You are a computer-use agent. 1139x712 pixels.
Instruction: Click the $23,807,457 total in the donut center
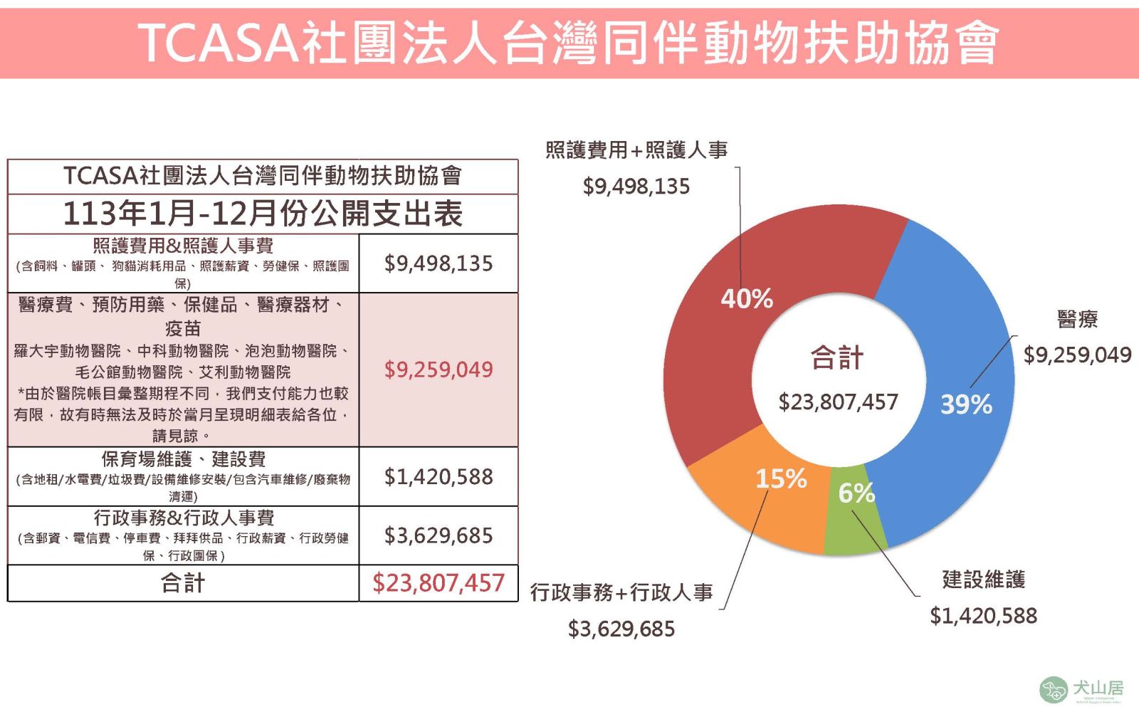pyautogui.click(x=838, y=402)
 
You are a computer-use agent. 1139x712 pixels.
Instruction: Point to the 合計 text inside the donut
pyautogui.click(x=837, y=357)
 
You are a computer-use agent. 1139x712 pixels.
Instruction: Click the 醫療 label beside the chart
pyautogui.click(x=1077, y=319)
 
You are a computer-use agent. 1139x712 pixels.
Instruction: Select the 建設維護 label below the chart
pyautogui.click(x=983, y=580)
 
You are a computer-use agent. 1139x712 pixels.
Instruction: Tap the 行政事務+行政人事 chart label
pyautogui.click(x=621, y=592)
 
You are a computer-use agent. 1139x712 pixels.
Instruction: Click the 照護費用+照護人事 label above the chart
pyautogui.click(x=636, y=150)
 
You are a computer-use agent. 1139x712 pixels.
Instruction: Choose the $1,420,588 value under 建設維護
pyautogui.click(x=983, y=616)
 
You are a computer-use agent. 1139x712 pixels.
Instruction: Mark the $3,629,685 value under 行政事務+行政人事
pyautogui.click(x=621, y=629)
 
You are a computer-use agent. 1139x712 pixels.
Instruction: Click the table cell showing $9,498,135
pyautogui.click(x=439, y=263)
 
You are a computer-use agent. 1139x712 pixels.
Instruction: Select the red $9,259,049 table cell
pyautogui.click(x=439, y=370)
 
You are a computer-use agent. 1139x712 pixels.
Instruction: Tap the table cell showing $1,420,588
pyautogui.click(x=439, y=477)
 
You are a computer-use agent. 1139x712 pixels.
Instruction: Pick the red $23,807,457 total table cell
pyautogui.click(x=439, y=583)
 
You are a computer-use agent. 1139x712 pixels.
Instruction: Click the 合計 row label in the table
pyautogui.click(x=183, y=583)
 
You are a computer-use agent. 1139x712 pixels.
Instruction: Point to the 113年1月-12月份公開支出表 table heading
pyautogui.click(x=263, y=214)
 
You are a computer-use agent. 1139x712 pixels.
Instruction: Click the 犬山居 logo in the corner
pyautogui.click(x=1081, y=689)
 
